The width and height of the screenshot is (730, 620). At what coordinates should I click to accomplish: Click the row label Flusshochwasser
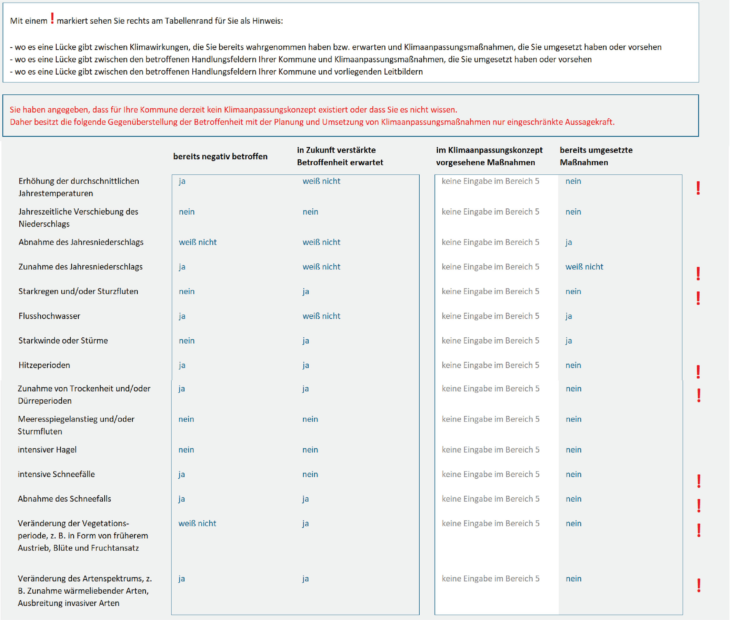pos(49,316)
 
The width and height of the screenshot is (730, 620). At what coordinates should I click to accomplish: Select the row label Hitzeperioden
pos(44,365)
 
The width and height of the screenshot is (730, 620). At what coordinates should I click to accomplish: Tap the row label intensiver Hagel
pos(47,450)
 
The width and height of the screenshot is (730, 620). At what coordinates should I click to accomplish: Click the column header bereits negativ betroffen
pos(220,156)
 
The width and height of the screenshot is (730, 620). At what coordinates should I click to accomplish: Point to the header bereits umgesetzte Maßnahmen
pos(596,156)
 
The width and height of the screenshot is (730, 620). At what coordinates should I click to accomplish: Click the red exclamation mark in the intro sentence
pos(52,18)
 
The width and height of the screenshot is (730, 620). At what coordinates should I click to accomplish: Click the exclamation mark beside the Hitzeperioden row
pos(698,372)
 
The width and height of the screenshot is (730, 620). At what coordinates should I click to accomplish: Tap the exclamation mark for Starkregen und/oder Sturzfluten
pos(698,298)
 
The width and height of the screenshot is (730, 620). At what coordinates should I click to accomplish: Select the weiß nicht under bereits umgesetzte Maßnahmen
pos(584,267)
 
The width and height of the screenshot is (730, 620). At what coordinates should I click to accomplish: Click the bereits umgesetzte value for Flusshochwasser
pos(569,316)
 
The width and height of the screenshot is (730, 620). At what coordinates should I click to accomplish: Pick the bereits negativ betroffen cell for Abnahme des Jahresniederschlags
pos(198,242)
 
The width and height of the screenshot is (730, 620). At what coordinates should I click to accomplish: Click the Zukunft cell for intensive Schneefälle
pos(310,474)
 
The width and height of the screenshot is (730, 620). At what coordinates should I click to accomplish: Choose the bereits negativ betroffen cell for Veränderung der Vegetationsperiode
pos(197,523)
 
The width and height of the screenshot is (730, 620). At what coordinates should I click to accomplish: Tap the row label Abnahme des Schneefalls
pos(64,499)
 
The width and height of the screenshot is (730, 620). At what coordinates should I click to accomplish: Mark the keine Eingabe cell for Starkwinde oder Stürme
pos(490,341)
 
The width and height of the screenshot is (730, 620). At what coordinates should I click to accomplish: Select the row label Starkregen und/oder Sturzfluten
pos(78,291)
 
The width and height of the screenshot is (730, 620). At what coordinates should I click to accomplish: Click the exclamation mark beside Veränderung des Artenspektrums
pos(699,586)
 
